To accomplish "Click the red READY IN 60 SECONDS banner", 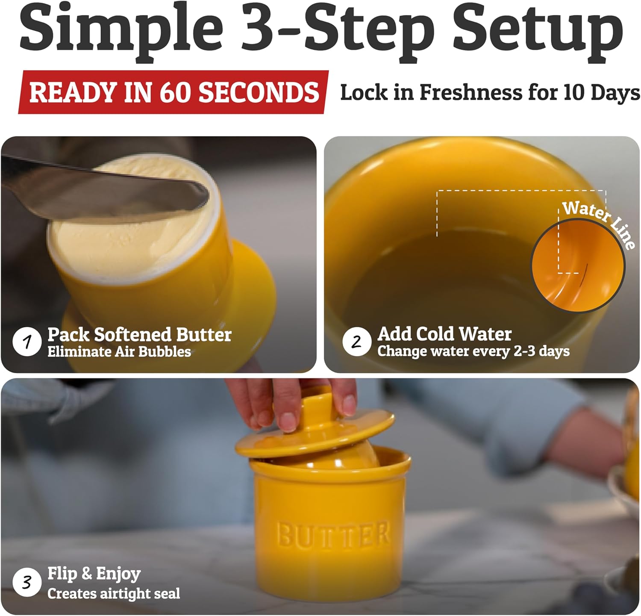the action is pos(173,92).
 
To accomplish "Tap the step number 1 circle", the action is pos(27,342).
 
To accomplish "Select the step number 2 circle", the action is pos(356,342).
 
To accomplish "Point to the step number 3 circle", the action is pos(27,582).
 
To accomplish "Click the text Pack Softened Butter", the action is pos(139,334).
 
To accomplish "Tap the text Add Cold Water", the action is pos(444,334).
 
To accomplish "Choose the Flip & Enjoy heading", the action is pos(94,574).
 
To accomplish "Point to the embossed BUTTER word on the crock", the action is pos(333,534).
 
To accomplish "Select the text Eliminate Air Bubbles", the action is pos(119,352).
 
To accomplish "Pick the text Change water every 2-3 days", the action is pos(473,351).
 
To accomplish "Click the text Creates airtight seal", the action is pos(114,593).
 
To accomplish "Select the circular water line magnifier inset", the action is pos(577,266).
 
